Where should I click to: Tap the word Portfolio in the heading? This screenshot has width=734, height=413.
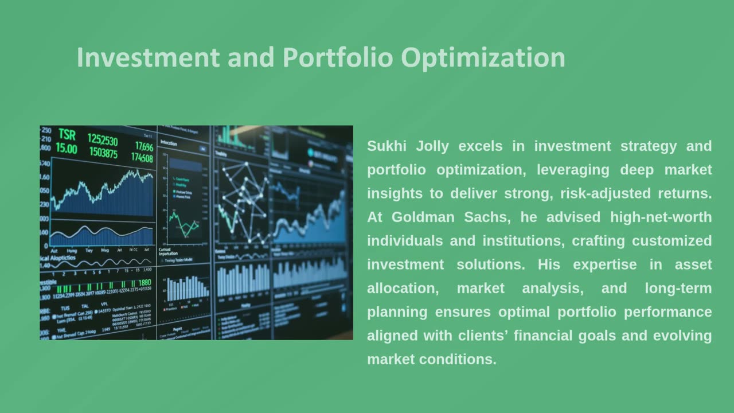[x=338, y=58]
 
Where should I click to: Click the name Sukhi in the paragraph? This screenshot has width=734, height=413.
[x=386, y=146]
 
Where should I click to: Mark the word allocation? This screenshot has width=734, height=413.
[x=403, y=289]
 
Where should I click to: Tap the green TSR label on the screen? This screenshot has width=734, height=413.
[x=67, y=135]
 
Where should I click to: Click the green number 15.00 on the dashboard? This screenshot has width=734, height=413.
[x=66, y=149]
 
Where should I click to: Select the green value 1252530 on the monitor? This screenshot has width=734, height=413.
[x=102, y=141]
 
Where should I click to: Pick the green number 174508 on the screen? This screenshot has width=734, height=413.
[x=142, y=158]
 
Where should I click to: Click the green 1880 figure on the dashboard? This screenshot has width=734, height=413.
[x=145, y=283]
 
